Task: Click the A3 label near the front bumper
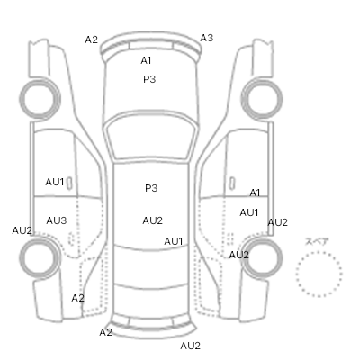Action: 206,38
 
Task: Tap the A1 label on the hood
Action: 146,60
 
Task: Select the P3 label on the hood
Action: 149,79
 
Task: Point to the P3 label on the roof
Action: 151,188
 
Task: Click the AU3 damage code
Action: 57,220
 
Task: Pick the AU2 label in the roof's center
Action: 152,220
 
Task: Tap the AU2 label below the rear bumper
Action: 190,346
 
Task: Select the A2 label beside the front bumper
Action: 91,40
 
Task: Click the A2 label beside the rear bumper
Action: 105,332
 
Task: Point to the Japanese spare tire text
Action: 317,242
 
